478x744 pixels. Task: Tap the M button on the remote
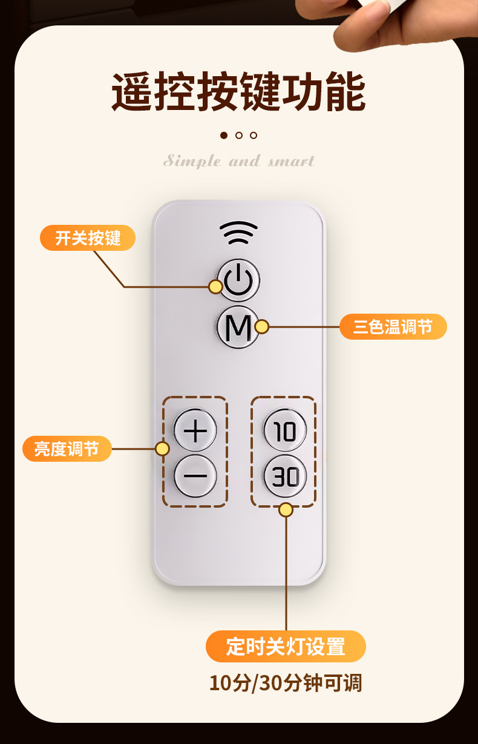(x=238, y=328)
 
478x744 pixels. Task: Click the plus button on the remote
(x=195, y=431)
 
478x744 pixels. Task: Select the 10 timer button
(x=284, y=431)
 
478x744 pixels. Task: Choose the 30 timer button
(x=285, y=477)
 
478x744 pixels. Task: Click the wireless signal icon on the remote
(x=238, y=232)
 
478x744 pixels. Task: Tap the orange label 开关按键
(x=88, y=238)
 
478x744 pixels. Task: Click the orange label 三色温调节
(x=393, y=327)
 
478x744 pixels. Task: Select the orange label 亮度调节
(x=67, y=449)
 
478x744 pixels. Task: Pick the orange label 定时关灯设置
(x=286, y=646)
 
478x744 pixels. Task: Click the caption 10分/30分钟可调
(x=286, y=683)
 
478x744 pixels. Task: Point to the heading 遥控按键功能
(x=238, y=92)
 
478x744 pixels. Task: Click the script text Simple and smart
(x=239, y=161)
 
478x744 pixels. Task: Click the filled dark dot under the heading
(x=224, y=135)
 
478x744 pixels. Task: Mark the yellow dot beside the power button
(x=215, y=286)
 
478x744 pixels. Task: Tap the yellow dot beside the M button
(x=261, y=327)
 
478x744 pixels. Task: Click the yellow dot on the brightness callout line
(x=162, y=448)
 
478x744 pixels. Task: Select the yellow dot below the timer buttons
(x=286, y=510)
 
